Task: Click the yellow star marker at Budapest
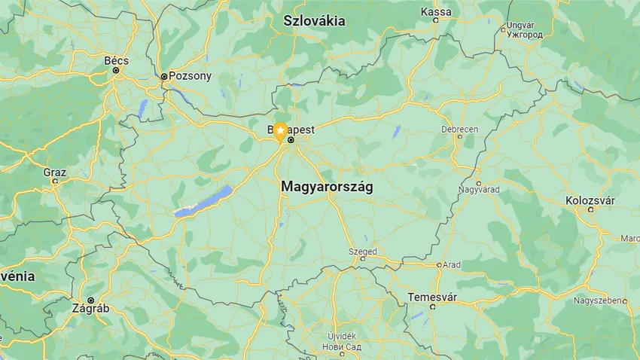[x=280, y=133]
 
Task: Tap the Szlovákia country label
[x=314, y=21]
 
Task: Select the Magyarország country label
[x=327, y=185]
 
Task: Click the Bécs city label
[x=116, y=60]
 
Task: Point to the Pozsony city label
[x=190, y=76]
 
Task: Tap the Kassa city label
[x=436, y=11]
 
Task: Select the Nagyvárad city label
[x=479, y=188]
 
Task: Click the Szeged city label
[x=362, y=252]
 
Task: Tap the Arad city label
[x=452, y=265]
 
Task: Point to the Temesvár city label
[x=432, y=297]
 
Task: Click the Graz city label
[x=54, y=172]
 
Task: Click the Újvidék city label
[x=341, y=335]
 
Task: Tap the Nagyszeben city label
[x=597, y=301]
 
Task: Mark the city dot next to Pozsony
[x=164, y=76]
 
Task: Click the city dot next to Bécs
[x=116, y=70]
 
